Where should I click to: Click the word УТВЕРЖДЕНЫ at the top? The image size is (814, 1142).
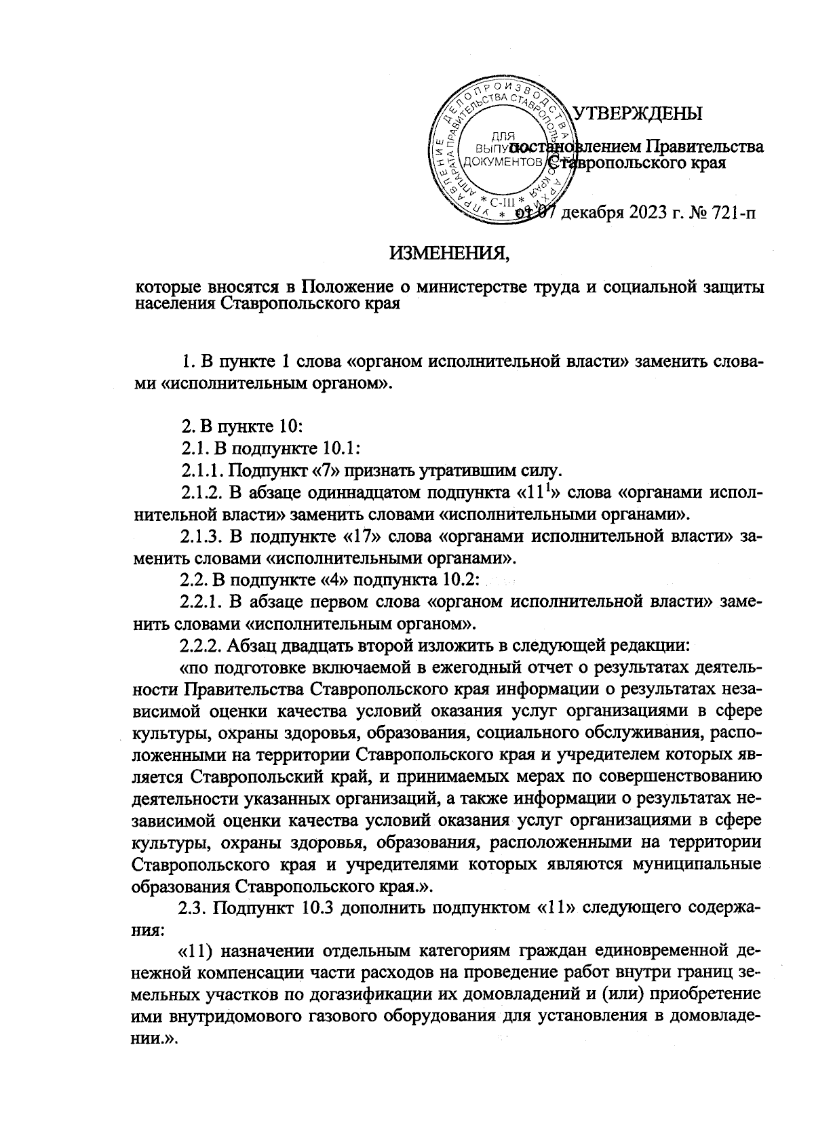click(638, 113)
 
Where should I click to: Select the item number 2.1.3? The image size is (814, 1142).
click(201, 538)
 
